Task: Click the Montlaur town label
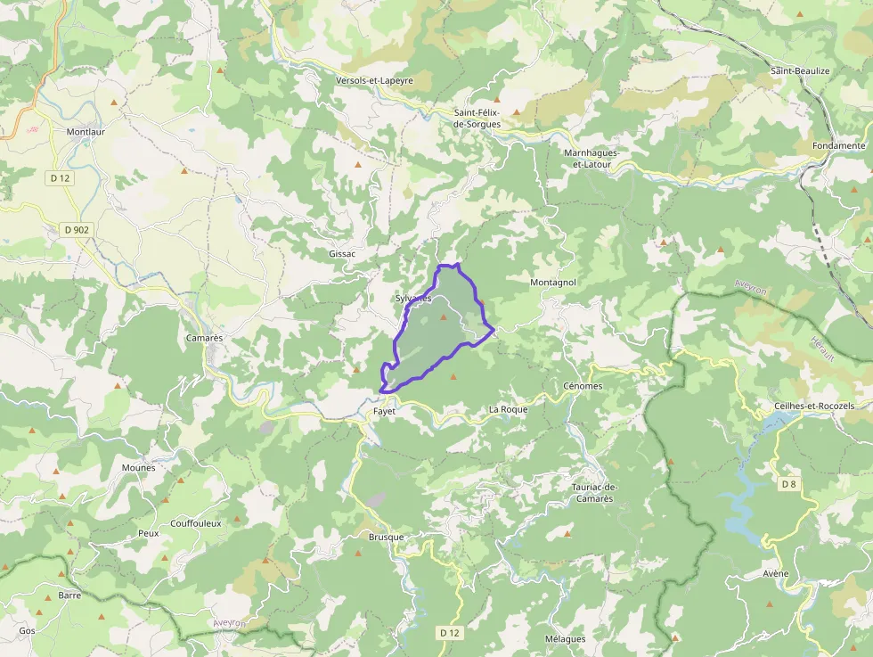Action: pyautogui.click(x=86, y=131)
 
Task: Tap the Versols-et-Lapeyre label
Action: pyautogui.click(x=374, y=80)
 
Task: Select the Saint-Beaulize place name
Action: pyautogui.click(x=800, y=70)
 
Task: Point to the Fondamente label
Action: pyautogui.click(x=838, y=145)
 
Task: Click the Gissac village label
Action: pyautogui.click(x=342, y=254)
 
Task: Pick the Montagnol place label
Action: pyautogui.click(x=553, y=282)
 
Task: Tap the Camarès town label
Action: pyautogui.click(x=204, y=339)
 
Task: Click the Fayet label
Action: pyautogui.click(x=384, y=411)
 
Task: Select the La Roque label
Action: pyautogui.click(x=508, y=409)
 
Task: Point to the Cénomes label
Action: pyautogui.click(x=583, y=386)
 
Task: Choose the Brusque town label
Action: pyautogui.click(x=386, y=537)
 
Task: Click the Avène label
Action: pyautogui.click(x=775, y=573)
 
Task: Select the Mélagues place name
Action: pyautogui.click(x=565, y=639)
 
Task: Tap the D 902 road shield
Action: pyautogui.click(x=77, y=229)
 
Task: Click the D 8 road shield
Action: pyautogui.click(x=787, y=484)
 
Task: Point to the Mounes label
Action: pyautogui.click(x=138, y=467)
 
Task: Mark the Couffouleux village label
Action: pyautogui.click(x=195, y=523)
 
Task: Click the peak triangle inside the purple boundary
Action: pyautogui.click(x=443, y=316)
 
